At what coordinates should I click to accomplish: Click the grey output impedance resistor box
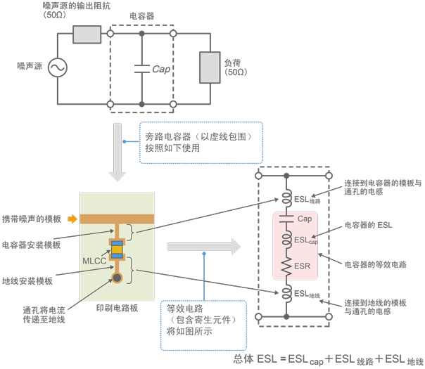[x=87, y=34]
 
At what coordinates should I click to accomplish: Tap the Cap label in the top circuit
[x=162, y=69]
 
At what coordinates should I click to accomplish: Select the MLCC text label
[x=95, y=261]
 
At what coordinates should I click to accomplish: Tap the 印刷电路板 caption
[x=116, y=307]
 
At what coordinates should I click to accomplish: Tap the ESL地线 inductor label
[x=307, y=293]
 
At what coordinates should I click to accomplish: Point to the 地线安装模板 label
[x=27, y=281]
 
